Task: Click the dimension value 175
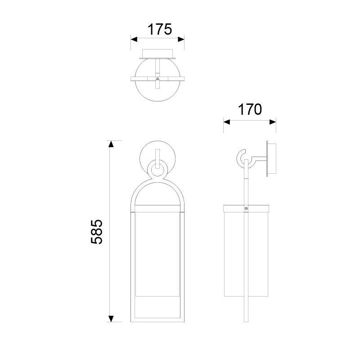[x=160, y=30]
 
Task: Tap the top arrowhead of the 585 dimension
[x=110, y=144]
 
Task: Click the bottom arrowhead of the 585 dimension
[x=110, y=319]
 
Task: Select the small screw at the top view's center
[x=157, y=79]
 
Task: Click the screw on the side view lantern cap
[x=246, y=208]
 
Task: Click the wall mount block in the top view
[x=157, y=54]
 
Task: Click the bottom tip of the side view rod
[x=246, y=320]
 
